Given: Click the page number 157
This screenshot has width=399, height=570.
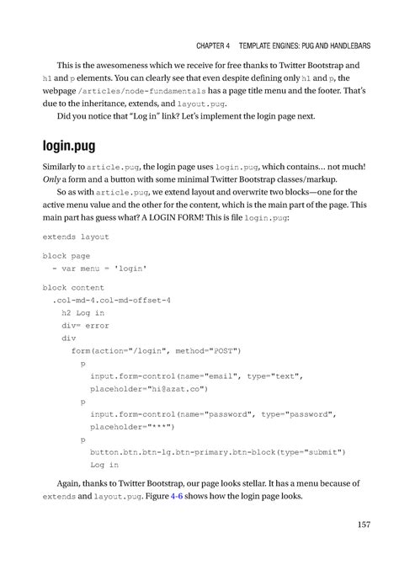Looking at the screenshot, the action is click(x=363, y=525).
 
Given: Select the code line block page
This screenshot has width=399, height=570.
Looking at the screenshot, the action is click(x=66, y=255).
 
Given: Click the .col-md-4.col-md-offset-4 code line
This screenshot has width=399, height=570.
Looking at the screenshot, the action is click(x=111, y=299).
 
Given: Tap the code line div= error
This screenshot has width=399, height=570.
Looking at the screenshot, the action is click(x=85, y=325).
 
